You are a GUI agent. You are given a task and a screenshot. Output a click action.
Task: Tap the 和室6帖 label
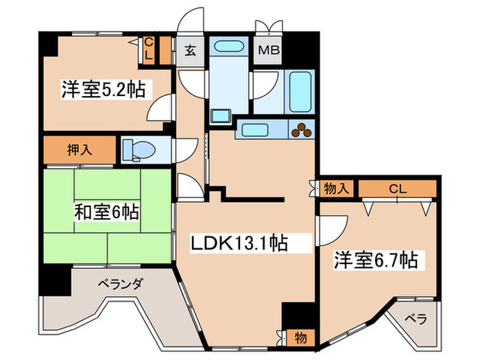coord(106,213)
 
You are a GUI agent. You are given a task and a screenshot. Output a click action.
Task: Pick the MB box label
coord(266,51)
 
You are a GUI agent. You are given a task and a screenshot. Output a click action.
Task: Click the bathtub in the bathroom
coord(299,92)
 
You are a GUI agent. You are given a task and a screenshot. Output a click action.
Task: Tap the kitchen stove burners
coord(302,128)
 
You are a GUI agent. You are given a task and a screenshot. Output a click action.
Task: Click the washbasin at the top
coord(227,48)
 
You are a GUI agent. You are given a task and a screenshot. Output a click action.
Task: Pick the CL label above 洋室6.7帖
coord(397,187)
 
